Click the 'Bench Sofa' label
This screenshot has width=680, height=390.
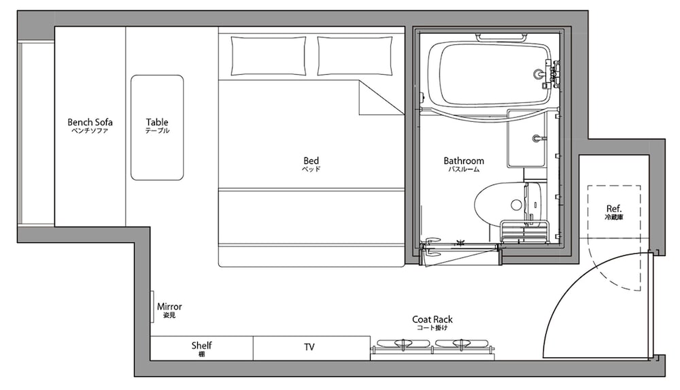click(90, 122)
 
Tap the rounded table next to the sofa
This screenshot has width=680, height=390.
click(157, 127)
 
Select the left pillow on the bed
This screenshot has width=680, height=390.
click(269, 56)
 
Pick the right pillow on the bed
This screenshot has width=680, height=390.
click(355, 56)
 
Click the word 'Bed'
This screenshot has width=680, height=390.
click(311, 161)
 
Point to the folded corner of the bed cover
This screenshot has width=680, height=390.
click(381, 98)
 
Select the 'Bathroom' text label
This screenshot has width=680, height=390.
click(464, 161)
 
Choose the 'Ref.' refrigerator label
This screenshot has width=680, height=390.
click(613, 208)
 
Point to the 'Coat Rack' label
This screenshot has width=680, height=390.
click(432, 320)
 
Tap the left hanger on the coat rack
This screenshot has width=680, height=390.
click(403, 344)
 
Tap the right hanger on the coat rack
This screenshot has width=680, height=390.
click(462, 344)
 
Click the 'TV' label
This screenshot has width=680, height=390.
click(309, 347)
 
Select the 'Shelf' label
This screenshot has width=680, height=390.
click(202, 345)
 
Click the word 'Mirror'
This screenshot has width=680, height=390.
click(169, 306)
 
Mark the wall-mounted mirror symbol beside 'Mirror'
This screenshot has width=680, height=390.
click(152, 306)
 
